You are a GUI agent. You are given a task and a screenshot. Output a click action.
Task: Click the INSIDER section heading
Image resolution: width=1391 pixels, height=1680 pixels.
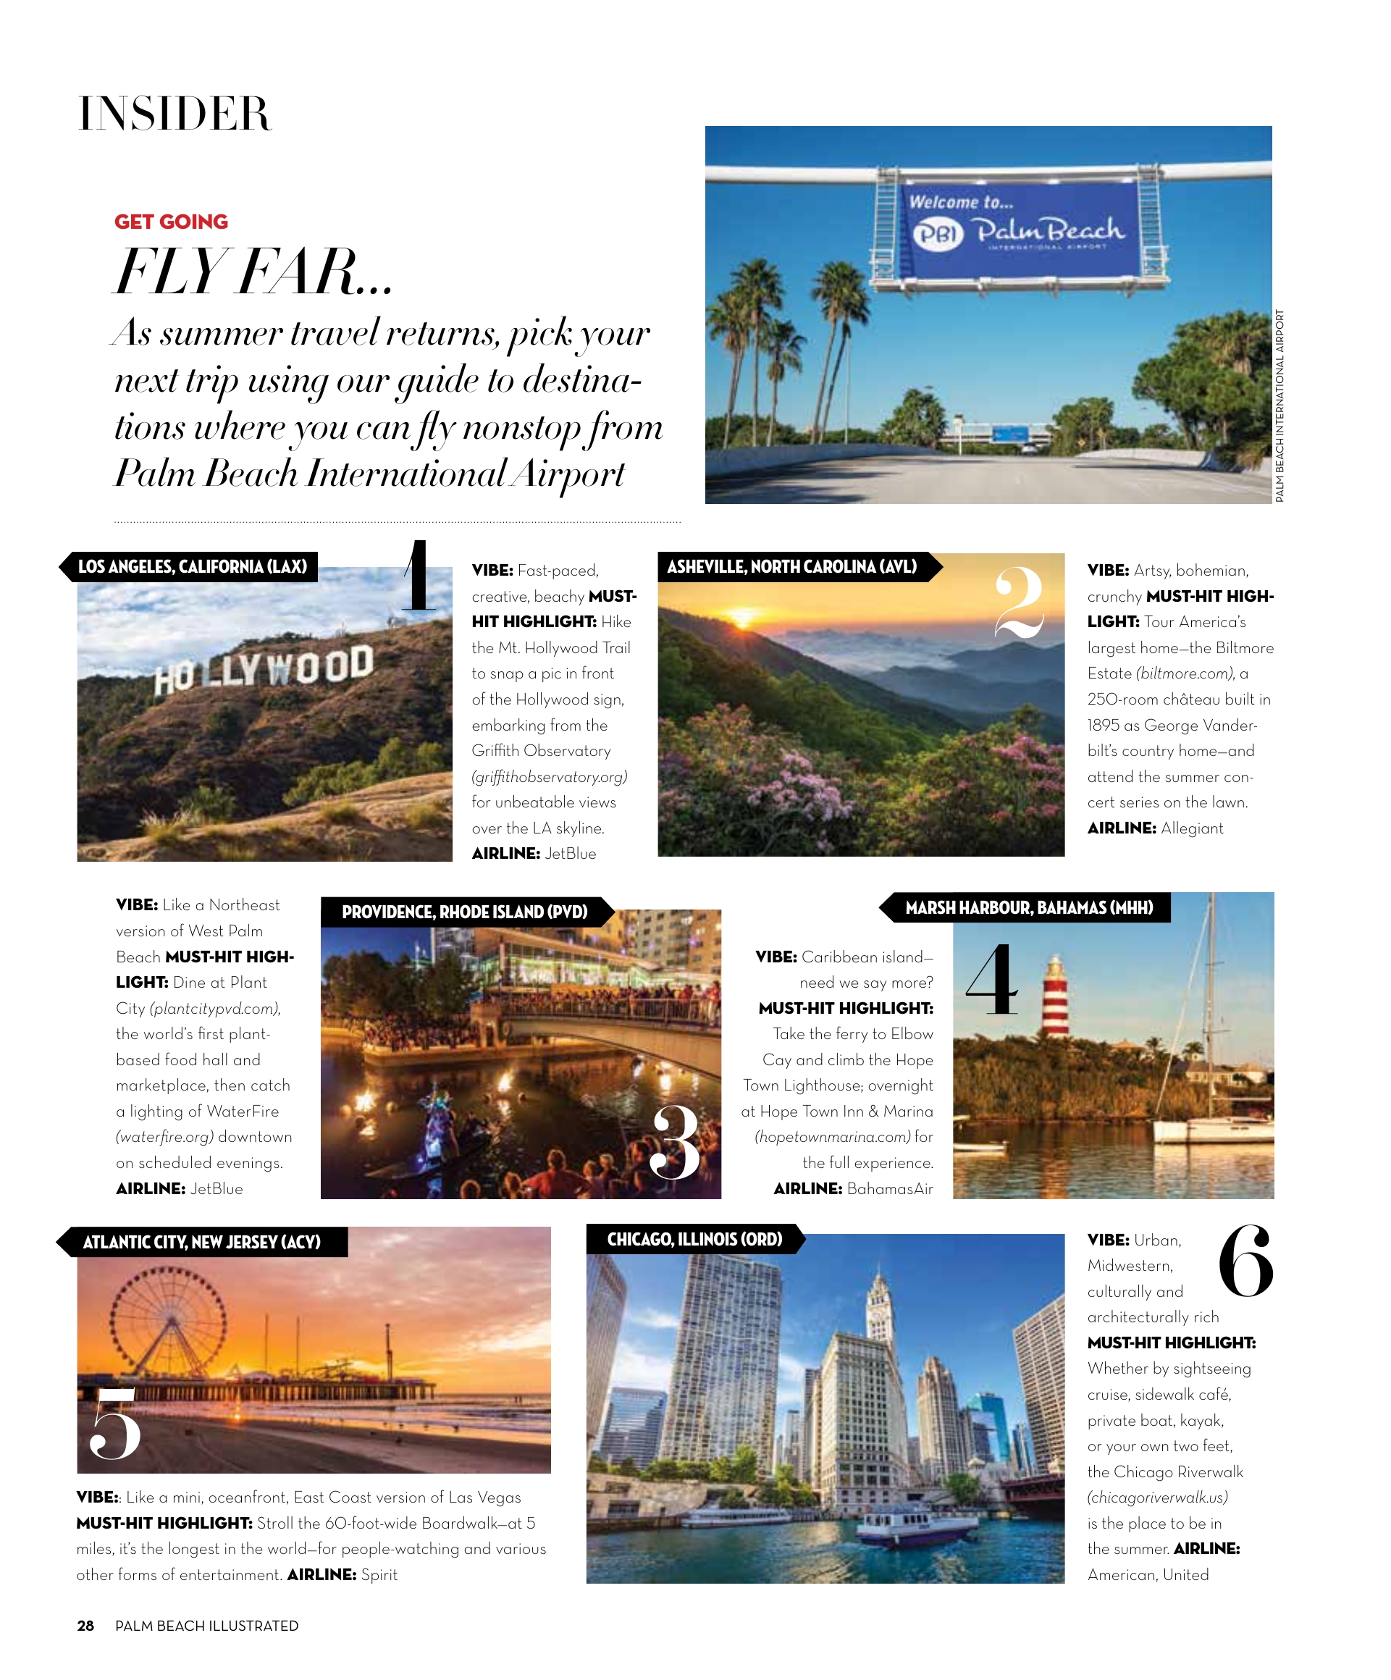pos(175,114)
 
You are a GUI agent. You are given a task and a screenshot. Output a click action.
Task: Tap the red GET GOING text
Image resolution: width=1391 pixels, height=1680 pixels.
pos(171,222)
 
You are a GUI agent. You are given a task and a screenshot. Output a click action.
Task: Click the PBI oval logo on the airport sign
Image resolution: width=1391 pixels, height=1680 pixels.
pos(938,235)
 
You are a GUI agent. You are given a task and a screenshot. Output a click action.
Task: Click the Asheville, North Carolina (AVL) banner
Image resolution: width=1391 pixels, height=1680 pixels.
pos(792,566)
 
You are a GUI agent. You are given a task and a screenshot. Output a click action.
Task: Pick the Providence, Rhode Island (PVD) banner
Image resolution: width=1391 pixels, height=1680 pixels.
pos(465,912)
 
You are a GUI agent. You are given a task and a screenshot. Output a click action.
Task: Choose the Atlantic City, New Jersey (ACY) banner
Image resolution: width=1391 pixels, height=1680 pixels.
pos(201,1242)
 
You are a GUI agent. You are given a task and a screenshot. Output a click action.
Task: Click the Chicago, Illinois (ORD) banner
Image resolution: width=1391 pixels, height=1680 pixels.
pos(694,1239)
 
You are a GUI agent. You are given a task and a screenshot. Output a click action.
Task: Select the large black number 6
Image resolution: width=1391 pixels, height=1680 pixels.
pos(1245,1261)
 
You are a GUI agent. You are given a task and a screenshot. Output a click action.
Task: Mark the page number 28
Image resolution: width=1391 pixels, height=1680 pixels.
pos(85,1626)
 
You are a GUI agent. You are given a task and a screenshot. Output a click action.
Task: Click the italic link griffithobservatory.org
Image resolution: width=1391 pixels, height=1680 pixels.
pos(550,777)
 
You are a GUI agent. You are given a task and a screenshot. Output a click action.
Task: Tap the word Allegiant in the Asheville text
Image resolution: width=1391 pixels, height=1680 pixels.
pos(1192,828)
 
